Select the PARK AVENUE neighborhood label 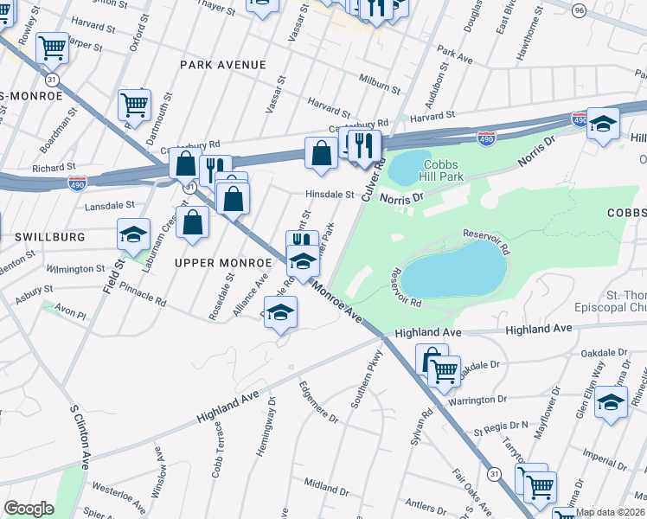point(222,65)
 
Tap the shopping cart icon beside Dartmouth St point(134,105)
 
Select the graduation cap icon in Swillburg point(134,234)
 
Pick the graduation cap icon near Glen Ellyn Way point(611,402)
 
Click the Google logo point(29,509)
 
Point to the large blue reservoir point(453,269)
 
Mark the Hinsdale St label point(330,195)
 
